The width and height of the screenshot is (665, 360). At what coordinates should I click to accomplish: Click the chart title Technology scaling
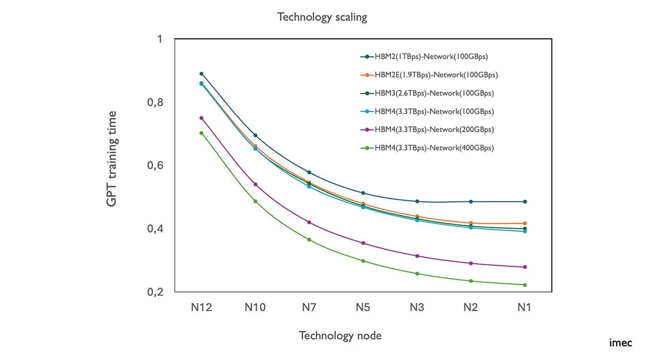click(322, 17)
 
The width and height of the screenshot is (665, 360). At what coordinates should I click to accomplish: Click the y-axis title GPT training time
click(112, 159)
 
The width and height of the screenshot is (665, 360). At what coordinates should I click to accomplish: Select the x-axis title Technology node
click(340, 335)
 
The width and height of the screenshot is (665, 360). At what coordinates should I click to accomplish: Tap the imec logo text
click(620, 343)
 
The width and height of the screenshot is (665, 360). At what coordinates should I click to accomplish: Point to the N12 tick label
click(201, 308)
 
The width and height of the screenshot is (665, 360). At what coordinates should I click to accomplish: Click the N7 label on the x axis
click(309, 308)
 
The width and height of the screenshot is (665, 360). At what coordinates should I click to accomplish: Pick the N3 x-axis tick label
click(417, 308)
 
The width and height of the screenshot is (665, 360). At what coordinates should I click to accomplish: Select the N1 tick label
click(524, 308)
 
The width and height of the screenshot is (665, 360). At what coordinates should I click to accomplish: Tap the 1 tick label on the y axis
click(160, 39)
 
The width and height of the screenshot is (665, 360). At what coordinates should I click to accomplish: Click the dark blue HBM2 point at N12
click(201, 74)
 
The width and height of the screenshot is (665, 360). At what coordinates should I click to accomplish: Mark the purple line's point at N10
click(255, 184)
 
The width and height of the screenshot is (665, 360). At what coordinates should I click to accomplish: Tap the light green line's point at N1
click(524, 285)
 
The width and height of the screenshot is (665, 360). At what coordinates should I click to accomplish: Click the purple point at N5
click(363, 243)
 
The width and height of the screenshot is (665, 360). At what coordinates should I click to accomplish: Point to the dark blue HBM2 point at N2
click(470, 202)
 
